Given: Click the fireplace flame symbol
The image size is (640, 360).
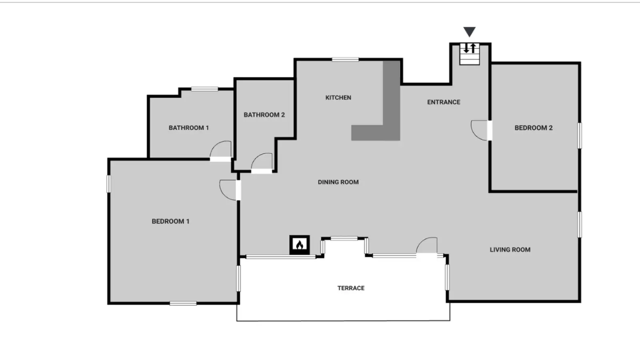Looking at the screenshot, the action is pyautogui.click(x=300, y=245).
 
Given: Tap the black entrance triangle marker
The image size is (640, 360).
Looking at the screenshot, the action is pyautogui.click(x=470, y=32).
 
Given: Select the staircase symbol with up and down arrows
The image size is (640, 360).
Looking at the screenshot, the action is pyautogui.click(x=470, y=54).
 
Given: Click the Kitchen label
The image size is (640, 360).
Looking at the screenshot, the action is pyautogui.click(x=338, y=98).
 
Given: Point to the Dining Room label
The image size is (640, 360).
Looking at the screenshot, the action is pyautogui.click(x=338, y=182).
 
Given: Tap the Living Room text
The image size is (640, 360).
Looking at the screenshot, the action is pyautogui.click(x=510, y=250).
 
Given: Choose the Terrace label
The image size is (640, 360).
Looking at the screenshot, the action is pyautogui.click(x=351, y=288).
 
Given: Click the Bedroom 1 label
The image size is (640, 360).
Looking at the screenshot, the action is pyautogui.click(x=170, y=221).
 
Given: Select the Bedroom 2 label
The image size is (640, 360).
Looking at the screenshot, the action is pyautogui.click(x=534, y=128).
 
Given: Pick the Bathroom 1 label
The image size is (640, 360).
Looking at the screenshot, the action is pyautogui.click(x=188, y=128).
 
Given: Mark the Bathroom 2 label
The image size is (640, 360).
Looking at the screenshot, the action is pyautogui.click(x=264, y=115).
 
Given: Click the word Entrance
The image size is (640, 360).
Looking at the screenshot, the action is pyautogui.click(x=444, y=102).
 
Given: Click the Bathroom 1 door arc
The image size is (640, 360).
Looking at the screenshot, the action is pyautogui.click(x=217, y=145).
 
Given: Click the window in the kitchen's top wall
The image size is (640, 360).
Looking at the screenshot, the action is pyautogui.click(x=345, y=60).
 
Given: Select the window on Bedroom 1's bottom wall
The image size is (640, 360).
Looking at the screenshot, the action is pyautogui.click(x=183, y=303).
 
